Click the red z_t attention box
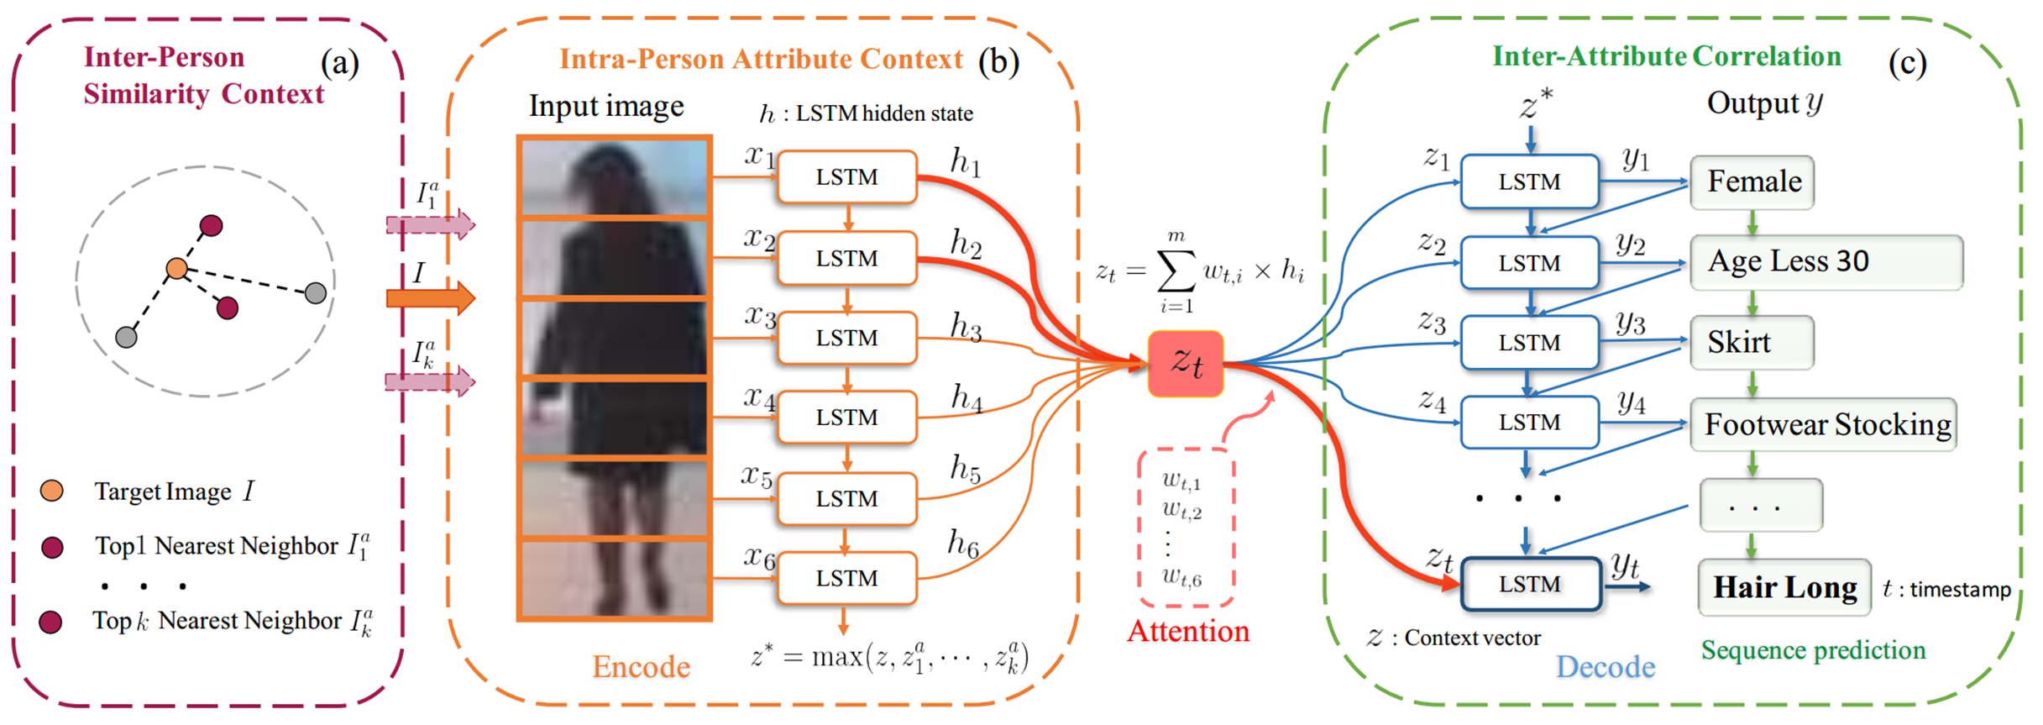tap(1185, 363)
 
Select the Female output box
tap(1752, 182)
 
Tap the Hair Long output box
tap(1784, 586)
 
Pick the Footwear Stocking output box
tap(1823, 424)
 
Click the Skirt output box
tap(1752, 342)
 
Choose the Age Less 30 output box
tap(1826, 262)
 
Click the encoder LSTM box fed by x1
tap(846, 177)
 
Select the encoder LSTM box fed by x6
tap(846, 578)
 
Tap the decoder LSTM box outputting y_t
tap(1530, 584)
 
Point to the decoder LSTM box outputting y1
tap(1529, 181)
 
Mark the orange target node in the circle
tap(176, 268)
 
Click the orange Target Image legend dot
tap(52, 491)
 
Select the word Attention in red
tap(1187, 631)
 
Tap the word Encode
tap(641, 666)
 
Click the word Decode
tap(1605, 666)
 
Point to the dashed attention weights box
tap(1185, 528)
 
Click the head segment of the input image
tap(615, 177)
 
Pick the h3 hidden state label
tap(966, 326)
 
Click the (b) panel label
tap(998, 62)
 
